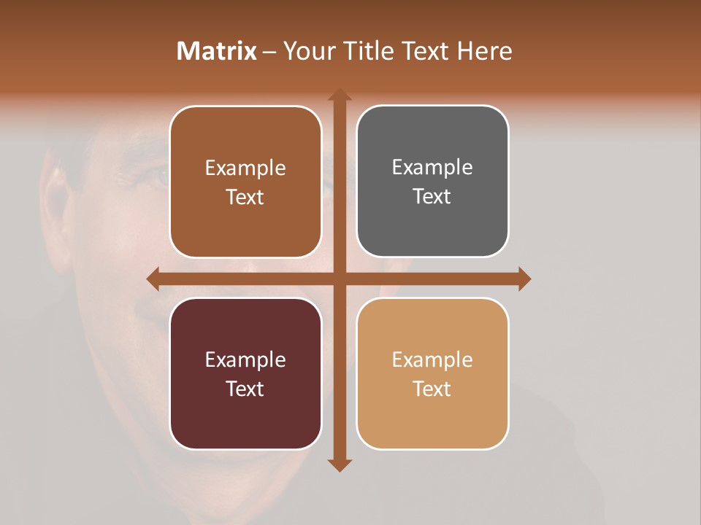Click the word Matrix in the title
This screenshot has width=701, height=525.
[x=217, y=51]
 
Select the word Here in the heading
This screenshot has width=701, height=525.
[x=484, y=51]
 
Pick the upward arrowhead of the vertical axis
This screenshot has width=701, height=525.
[x=339, y=95]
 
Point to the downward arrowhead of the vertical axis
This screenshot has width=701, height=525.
[x=339, y=465]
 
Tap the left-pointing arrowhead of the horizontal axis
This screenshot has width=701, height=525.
[x=153, y=279]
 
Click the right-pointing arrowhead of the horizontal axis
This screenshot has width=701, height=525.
[x=524, y=279]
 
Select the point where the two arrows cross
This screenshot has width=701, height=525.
[x=339, y=279]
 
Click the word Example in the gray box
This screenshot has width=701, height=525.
[x=432, y=168]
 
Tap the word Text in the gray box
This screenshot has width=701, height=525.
[x=432, y=197]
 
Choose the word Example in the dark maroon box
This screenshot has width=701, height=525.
[x=245, y=359]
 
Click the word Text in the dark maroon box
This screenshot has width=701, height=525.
[x=245, y=389]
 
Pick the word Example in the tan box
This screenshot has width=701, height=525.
[x=432, y=359]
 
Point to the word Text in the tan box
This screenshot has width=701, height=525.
[x=432, y=389]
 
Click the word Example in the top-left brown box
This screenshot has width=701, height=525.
[x=245, y=168]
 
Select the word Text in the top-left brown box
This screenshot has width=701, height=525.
[x=245, y=197]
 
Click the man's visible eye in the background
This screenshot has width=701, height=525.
[x=155, y=175]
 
